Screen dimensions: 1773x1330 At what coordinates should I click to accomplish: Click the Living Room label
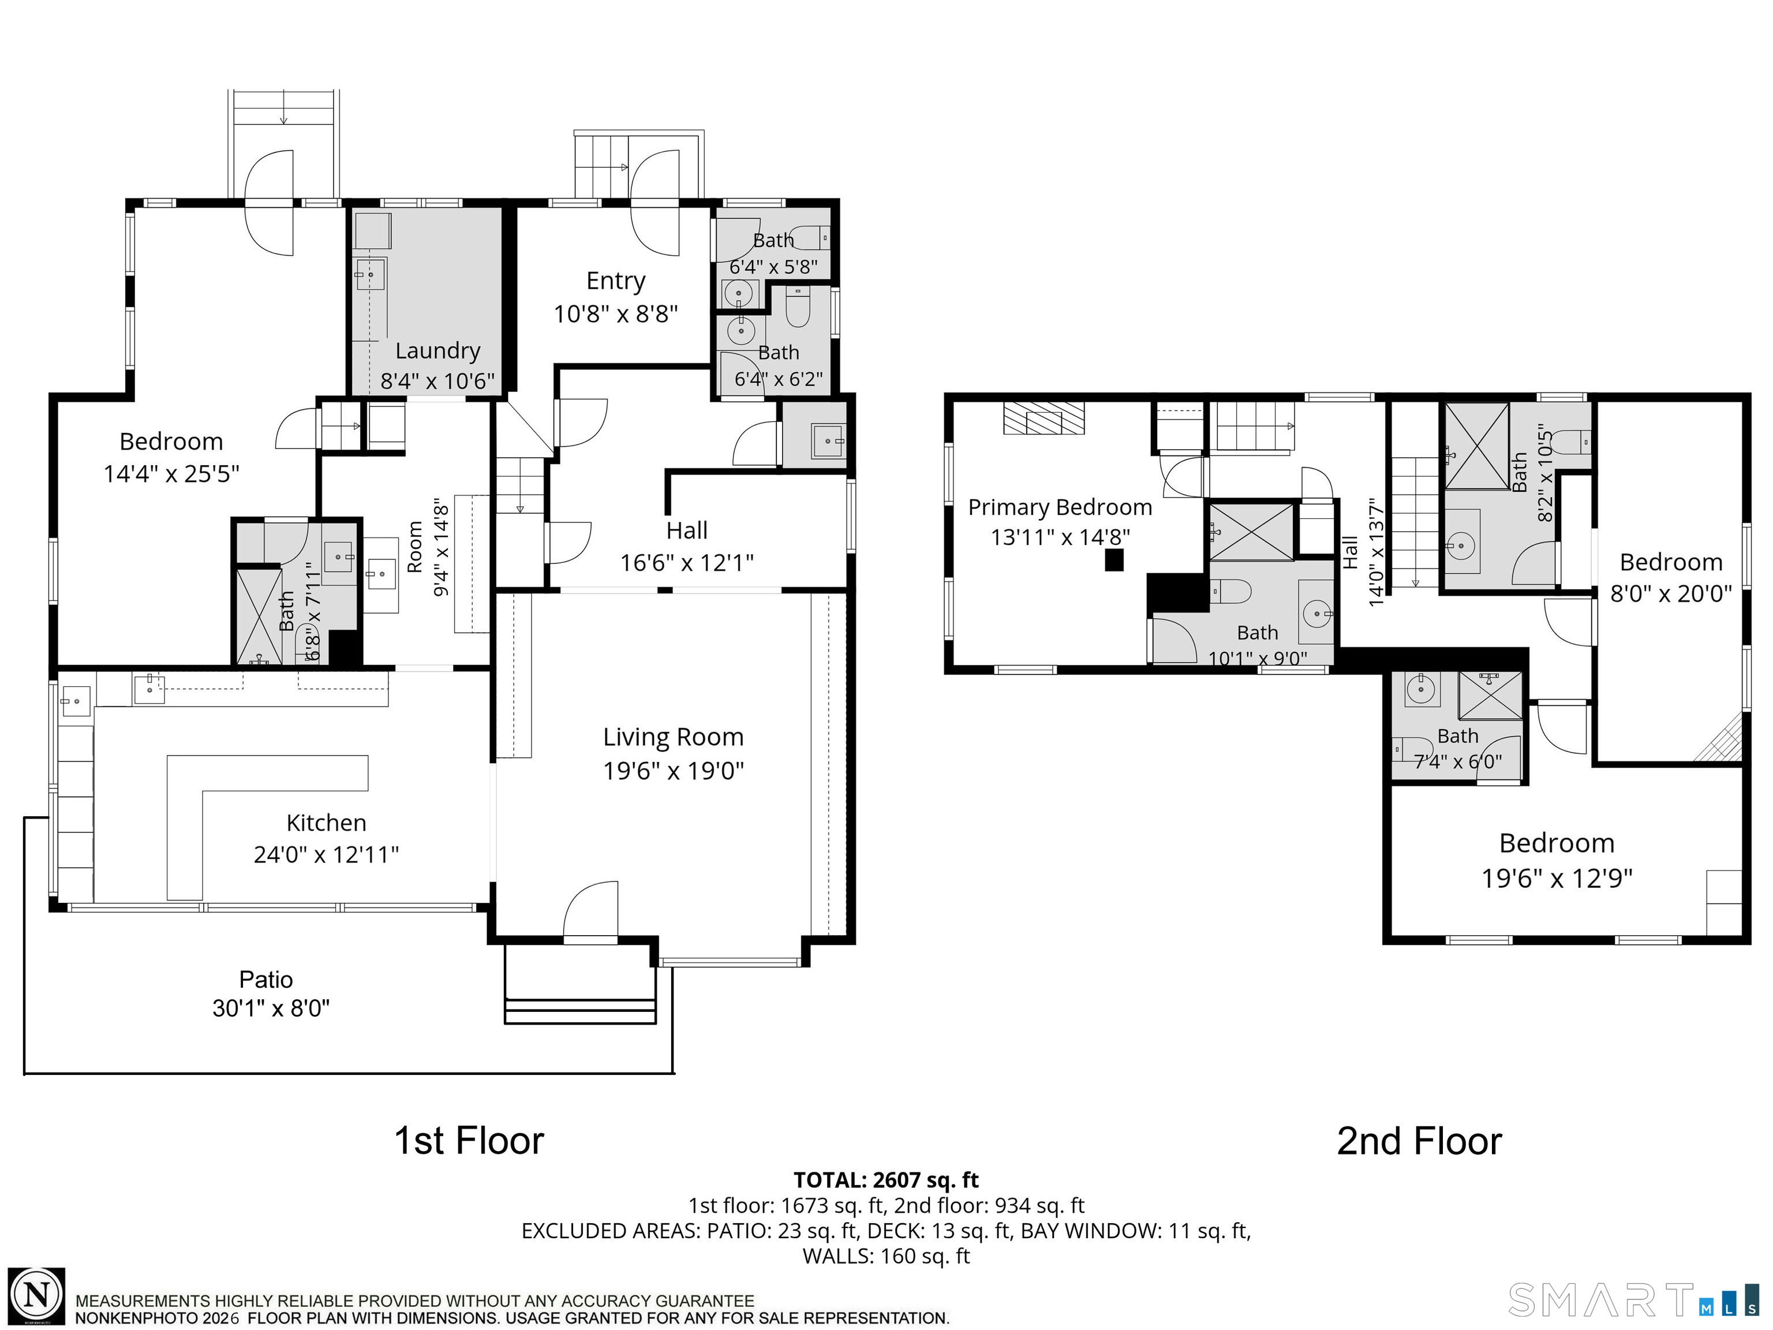point(674,737)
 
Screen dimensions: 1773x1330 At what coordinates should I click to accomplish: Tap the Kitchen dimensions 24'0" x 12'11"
point(326,854)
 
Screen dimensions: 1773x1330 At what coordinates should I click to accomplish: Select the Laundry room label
point(437,351)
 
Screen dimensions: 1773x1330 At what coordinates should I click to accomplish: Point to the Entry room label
point(616,281)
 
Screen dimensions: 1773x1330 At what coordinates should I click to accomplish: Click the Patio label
point(266,979)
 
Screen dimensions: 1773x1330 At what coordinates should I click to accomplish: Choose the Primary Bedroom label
point(1060,507)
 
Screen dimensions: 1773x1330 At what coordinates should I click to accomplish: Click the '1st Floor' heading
point(469,1141)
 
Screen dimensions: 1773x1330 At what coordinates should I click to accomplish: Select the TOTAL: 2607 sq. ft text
point(886,1180)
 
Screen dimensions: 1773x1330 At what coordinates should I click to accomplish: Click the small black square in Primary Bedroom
point(1114,559)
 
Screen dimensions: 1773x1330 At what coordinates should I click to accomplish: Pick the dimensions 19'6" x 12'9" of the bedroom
point(1557,879)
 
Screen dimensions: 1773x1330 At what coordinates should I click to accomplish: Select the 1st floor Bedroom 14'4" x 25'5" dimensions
point(171,474)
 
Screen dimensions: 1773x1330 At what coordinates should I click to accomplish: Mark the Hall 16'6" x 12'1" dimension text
point(687,563)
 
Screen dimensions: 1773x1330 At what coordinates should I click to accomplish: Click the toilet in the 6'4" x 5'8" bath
point(814,238)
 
